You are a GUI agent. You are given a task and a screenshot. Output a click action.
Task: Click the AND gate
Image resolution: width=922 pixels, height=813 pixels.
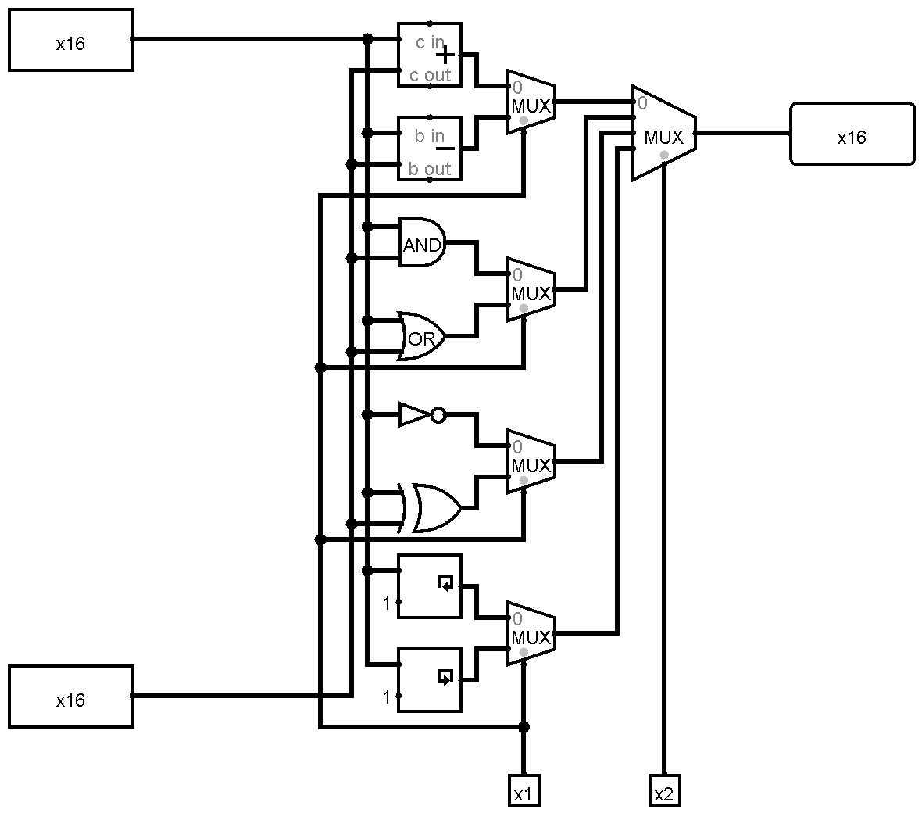click(x=422, y=242)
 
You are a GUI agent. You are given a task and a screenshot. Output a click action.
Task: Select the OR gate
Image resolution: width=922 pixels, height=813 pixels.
click(x=421, y=336)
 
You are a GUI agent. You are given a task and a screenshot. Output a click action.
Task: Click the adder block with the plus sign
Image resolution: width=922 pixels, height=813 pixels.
click(x=430, y=55)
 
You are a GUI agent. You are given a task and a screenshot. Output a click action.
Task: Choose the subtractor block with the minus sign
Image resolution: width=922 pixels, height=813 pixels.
click(x=430, y=149)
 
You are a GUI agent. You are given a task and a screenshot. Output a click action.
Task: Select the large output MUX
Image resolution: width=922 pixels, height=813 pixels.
click(x=664, y=133)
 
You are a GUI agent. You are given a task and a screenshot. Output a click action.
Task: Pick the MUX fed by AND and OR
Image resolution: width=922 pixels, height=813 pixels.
click(x=531, y=289)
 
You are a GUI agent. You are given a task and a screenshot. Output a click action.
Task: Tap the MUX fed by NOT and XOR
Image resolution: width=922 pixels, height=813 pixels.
click(x=531, y=462)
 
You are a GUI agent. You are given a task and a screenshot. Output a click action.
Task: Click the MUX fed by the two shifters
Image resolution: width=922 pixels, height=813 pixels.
click(x=531, y=633)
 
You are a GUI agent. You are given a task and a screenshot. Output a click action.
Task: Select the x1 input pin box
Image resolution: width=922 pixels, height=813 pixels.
click(x=524, y=790)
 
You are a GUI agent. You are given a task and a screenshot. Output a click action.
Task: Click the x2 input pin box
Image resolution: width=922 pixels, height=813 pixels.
click(x=664, y=790)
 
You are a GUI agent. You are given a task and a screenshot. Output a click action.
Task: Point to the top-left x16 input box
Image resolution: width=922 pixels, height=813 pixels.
click(x=71, y=40)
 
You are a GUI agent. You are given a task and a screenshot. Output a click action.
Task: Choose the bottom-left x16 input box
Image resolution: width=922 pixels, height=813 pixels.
click(x=71, y=697)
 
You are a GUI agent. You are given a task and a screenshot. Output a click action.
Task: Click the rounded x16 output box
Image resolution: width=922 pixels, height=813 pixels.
click(x=852, y=134)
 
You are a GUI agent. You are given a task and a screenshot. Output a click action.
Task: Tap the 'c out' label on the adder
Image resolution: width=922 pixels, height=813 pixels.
click(x=430, y=75)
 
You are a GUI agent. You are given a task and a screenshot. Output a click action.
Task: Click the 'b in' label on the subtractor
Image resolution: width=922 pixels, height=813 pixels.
click(x=429, y=136)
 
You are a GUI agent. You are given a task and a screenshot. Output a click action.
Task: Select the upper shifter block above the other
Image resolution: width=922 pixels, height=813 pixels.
click(x=430, y=586)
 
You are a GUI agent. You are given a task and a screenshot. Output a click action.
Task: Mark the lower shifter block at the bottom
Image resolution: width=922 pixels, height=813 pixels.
click(x=430, y=680)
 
